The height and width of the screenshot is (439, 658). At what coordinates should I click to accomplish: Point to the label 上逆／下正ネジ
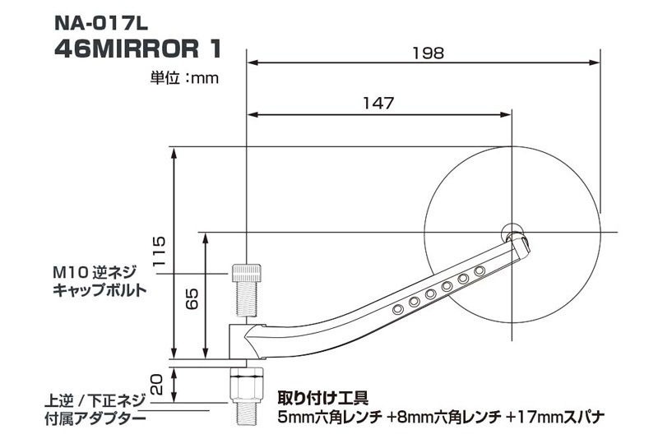(95, 403)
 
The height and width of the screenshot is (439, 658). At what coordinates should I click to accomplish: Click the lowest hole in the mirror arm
(398, 307)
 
